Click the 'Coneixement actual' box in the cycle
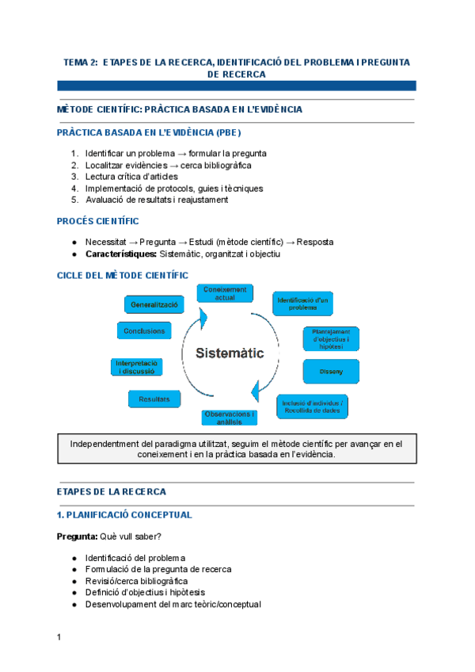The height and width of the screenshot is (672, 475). tap(225, 293)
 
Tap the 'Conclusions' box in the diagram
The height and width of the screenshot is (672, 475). tap(144, 330)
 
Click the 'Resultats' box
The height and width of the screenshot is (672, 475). tap(154, 399)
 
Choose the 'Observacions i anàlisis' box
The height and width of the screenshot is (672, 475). tap(230, 418)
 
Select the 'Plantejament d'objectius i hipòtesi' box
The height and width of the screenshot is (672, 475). tap(331, 339)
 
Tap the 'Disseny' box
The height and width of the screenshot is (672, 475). tap(331, 372)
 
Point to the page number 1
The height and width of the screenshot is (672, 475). tap(59, 637)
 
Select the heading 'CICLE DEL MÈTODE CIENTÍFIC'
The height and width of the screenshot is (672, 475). tap(123, 275)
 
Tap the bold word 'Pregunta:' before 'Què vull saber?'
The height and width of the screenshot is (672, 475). tap(77, 536)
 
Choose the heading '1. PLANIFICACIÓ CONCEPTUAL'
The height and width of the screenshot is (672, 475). tap(125, 515)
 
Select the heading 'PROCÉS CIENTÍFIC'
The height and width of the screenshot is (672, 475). tap(98, 221)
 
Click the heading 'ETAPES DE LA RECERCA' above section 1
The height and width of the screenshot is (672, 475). tap(111, 491)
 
